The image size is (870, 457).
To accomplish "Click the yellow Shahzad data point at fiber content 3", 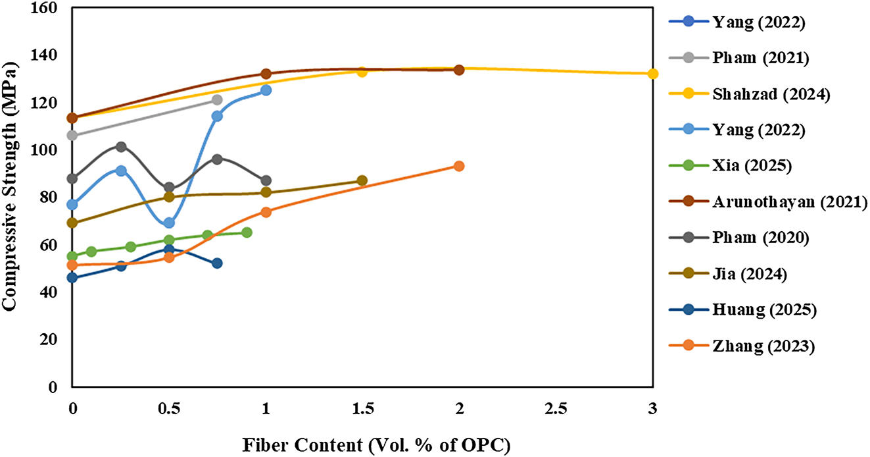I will [652, 74].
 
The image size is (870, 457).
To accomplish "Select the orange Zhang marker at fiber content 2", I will [459, 166].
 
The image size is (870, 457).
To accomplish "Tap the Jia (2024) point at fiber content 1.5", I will [362, 180].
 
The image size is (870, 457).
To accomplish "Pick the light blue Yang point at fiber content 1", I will [266, 90].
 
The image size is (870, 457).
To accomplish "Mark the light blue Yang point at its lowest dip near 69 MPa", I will [169, 223].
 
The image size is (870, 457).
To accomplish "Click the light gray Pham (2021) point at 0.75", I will [217, 100].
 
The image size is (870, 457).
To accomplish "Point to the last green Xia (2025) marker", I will [247, 232].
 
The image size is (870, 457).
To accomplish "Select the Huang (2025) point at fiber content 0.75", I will [217, 263].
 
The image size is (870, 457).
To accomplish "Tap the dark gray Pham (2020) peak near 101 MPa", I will [121, 147].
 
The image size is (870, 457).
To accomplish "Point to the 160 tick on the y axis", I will [48, 7].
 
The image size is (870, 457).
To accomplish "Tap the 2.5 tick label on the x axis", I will [556, 408].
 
